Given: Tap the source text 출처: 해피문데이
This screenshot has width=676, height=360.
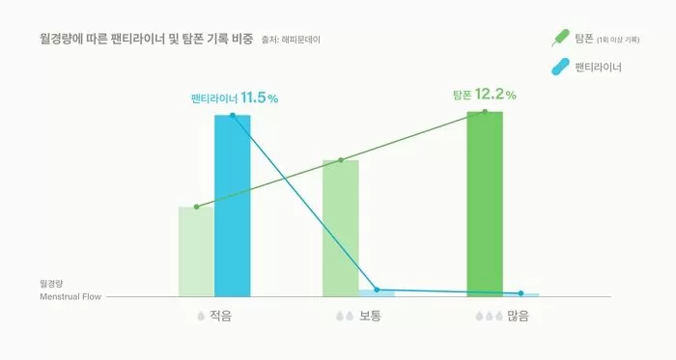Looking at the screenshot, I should (x=291, y=40).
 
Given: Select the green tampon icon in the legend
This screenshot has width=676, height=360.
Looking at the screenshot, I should (x=559, y=40).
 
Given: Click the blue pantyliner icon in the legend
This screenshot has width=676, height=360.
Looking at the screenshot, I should (x=559, y=68).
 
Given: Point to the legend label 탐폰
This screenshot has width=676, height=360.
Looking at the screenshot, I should (x=583, y=39).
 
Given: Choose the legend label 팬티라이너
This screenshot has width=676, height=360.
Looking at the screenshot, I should (x=598, y=68).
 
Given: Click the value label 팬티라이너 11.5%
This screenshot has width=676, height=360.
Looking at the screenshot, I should (x=234, y=98).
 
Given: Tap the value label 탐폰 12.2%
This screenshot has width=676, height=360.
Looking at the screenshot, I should (x=484, y=95).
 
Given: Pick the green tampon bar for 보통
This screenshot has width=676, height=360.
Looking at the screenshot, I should (x=340, y=228).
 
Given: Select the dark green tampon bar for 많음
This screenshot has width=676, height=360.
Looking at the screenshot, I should (x=485, y=204).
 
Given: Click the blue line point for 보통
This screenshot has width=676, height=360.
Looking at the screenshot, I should (x=377, y=290).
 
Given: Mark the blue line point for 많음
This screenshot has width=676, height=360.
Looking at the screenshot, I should (x=521, y=292).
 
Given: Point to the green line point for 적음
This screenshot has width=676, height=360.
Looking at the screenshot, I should (x=196, y=207).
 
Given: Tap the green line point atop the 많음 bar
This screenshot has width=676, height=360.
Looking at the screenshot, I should (x=485, y=112).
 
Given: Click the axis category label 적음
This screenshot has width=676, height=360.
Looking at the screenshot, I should (x=220, y=317).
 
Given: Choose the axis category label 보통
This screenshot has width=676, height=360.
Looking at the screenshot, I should (x=370, y=317).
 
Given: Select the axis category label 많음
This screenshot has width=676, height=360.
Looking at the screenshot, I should (x=518, y=317).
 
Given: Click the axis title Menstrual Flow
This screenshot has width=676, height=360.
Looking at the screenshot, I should (x=70, y=296).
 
